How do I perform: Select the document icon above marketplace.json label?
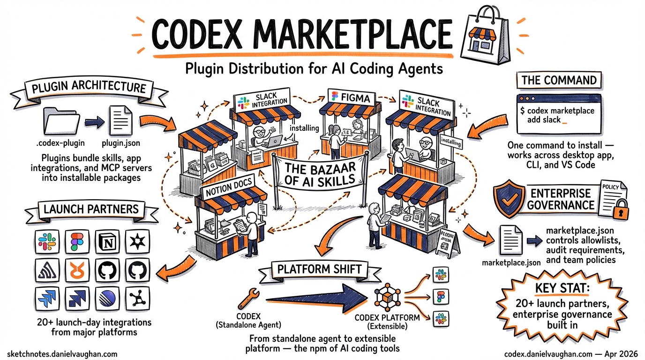[510, 240]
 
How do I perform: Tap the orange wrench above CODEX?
[247, 298]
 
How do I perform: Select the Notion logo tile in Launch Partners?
[108, 242]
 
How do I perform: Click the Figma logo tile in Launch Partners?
[77, 242]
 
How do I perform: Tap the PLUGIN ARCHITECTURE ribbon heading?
[89, 88]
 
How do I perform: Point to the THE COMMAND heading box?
[559, 80]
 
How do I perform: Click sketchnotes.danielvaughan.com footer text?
[62, 354]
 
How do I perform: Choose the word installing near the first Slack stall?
[304, 127]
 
